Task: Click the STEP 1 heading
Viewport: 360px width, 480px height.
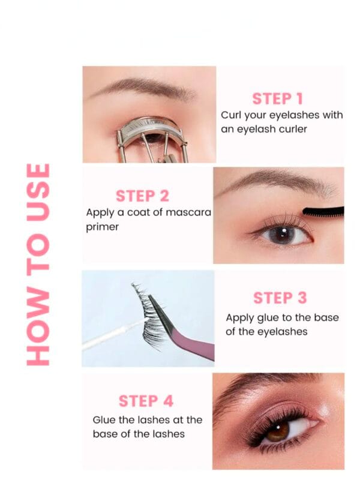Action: (x=277, y=99)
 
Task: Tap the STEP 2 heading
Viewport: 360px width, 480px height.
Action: (x=142, y=196)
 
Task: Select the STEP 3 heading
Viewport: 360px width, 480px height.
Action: (x=280, y=298)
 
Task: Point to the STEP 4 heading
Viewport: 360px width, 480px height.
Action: (x=146, y=401)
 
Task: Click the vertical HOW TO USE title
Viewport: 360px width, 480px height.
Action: (x=39, y=264)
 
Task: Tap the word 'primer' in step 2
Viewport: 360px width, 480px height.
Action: (x=103, y=227)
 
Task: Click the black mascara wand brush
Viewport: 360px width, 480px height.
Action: (x=323, y=211)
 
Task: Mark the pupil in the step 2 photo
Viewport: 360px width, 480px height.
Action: (x=283, y=233)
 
